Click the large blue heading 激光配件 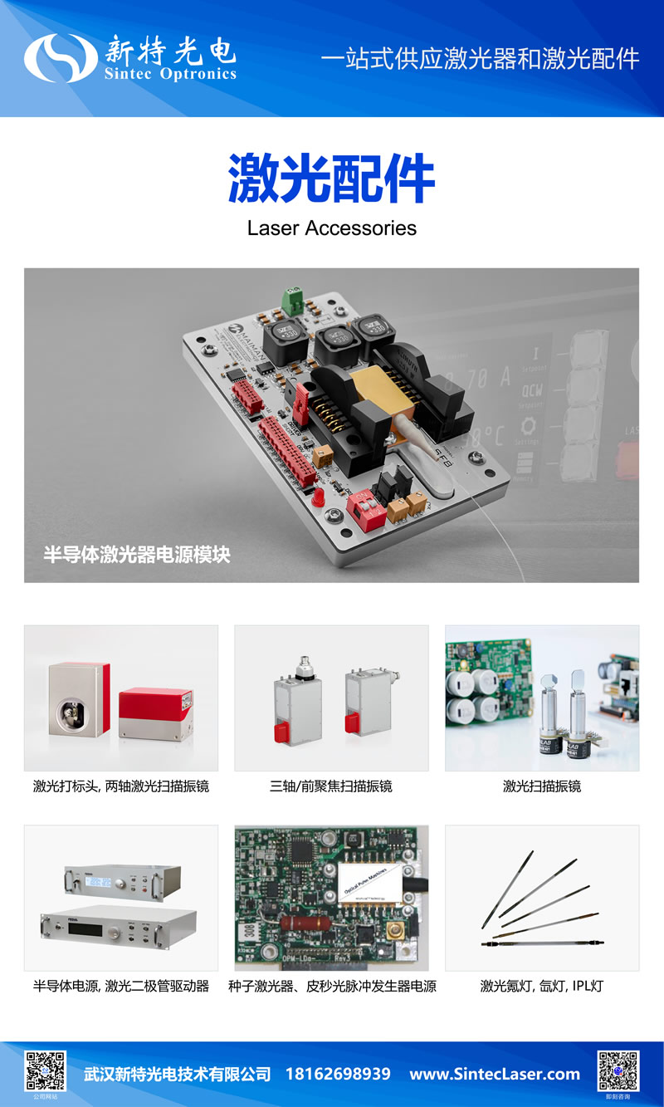point(331,178)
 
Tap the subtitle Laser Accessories point(331,228)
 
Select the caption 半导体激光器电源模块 point(137,555)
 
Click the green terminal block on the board point(292,299)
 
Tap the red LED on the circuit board point(318,497)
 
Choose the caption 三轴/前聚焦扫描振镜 point(331,786)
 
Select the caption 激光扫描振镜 point(542,786)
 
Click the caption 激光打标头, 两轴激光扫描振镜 point(121,786)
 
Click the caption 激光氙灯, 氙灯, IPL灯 point(542,987)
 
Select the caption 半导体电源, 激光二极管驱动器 point(121,987)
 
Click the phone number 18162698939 point(338,1074)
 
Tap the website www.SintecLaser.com point(495,1074)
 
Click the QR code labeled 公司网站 point(46,1071)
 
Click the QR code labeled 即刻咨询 point(618,1071)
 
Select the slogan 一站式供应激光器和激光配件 point(480,59)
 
